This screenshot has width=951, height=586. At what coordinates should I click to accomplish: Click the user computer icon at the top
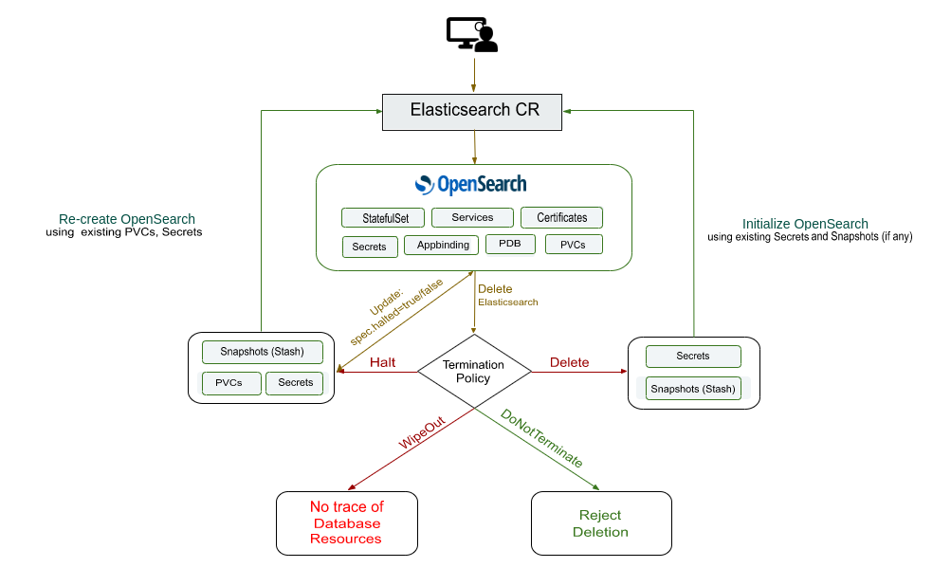[472, 35]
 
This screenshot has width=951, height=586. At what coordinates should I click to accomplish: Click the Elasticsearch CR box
[474, 111]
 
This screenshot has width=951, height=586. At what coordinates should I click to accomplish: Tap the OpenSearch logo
[471, 184]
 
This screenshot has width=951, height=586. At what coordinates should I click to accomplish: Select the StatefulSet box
[383, 218]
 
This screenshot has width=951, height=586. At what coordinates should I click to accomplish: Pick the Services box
[472, 218]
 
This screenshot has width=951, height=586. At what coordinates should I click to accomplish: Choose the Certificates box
[561, 218]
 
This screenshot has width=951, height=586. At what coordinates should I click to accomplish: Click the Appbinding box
[442, 246]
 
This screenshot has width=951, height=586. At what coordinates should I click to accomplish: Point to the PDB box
[510, 245]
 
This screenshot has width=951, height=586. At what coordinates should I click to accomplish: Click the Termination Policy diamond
[473, 372]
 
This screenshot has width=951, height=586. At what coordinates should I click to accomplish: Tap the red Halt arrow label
[383, 362]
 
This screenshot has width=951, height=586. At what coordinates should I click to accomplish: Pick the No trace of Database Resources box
[347, 522]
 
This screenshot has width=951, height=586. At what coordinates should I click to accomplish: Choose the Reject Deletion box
[600, 522]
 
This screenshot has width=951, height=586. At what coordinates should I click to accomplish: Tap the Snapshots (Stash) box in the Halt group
[262, 352]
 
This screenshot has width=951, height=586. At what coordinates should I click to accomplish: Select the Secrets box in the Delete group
[692, 357]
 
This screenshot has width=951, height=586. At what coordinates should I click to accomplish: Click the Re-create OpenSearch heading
[127, 218]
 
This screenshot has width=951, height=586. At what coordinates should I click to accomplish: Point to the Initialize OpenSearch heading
[805, 224]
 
